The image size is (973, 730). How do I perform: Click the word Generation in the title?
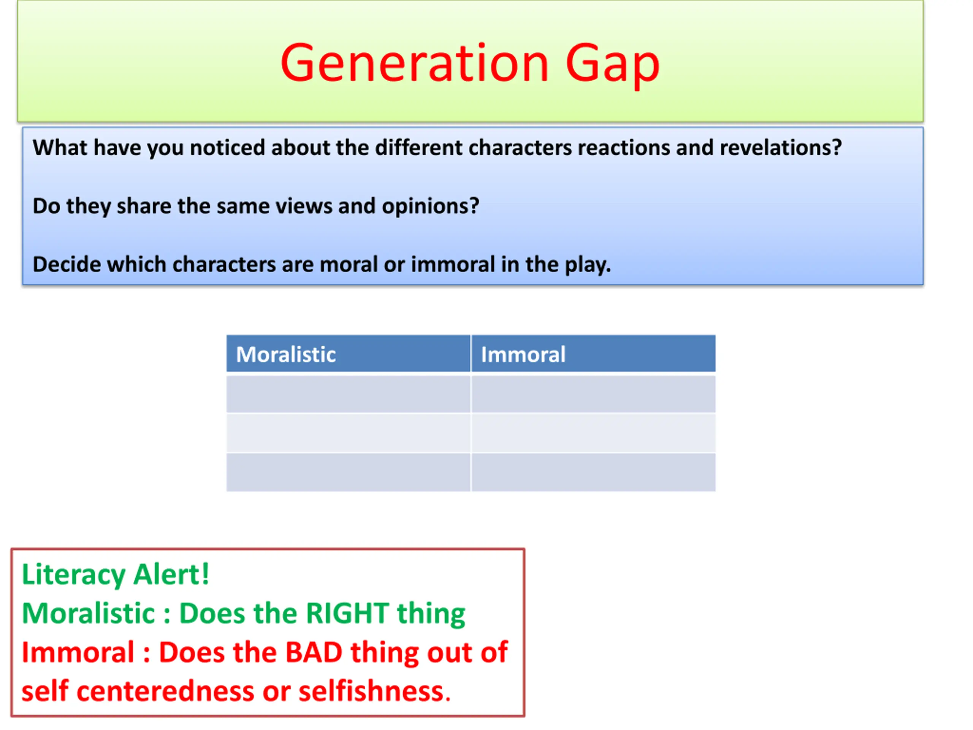415,63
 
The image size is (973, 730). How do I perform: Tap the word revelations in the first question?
781,148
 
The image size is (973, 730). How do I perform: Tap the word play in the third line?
588,265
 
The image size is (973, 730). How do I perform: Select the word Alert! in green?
171,574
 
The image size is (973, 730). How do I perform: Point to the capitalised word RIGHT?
347,613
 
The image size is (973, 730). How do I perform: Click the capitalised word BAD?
314,652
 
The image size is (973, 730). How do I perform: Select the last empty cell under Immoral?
593,472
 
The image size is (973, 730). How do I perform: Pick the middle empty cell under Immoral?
593,433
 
